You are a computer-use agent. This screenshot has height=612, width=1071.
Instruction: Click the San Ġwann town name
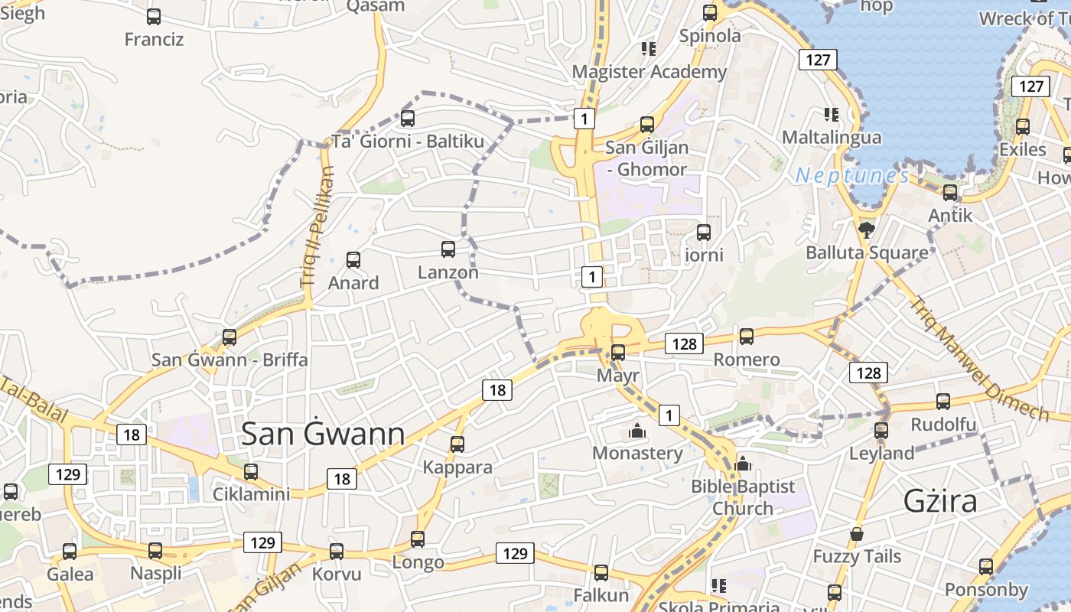323,434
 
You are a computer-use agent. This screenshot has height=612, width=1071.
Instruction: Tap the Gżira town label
940,500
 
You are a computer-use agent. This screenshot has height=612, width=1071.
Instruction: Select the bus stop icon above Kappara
457,444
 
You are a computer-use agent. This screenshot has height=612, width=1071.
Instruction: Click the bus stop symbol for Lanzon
448,249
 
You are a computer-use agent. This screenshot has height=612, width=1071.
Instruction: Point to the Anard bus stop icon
353,259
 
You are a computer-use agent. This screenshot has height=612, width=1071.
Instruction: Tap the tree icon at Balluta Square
867,229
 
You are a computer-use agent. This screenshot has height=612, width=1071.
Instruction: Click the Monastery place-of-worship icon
636,431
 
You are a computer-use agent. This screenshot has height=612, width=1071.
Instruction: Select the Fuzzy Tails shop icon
857,534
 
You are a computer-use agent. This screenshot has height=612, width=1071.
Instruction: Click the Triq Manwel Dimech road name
979,358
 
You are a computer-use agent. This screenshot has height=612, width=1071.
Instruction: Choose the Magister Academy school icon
649,49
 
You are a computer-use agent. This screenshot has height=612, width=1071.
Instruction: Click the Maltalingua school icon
832,115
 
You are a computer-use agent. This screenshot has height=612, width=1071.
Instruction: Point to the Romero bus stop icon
747,336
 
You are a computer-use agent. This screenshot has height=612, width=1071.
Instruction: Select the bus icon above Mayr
618,353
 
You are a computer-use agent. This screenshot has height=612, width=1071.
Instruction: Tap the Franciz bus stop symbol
154,16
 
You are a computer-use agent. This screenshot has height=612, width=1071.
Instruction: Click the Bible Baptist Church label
743,497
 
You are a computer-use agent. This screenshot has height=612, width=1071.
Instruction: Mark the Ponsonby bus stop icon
986,567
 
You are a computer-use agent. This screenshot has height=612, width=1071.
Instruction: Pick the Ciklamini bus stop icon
251,471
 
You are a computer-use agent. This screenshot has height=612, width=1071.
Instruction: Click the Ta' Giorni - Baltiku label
408,142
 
